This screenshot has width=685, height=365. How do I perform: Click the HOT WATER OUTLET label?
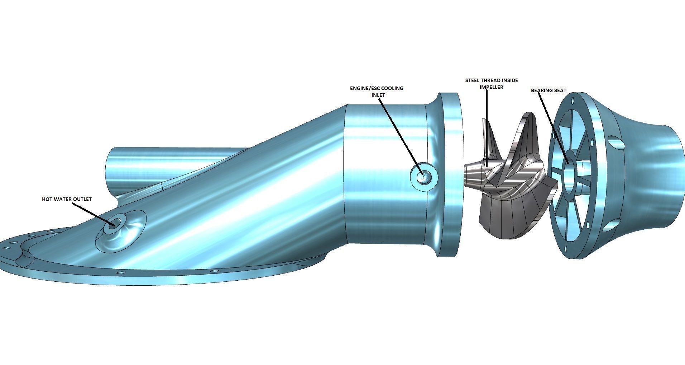click(x=67, y=199)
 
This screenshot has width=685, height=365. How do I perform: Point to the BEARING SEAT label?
click(x=549, y=90)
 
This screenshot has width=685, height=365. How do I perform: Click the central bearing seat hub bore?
click(x=569, y=172)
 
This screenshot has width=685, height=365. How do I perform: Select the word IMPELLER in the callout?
click(x=492, y=87)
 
